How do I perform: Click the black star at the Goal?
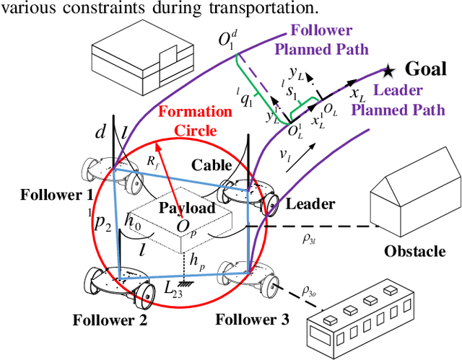tap(389, 70)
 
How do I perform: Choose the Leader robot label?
tap(310, 204)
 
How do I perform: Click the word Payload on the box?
tap(187, 208)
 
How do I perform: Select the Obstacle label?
tap(414, 251)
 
